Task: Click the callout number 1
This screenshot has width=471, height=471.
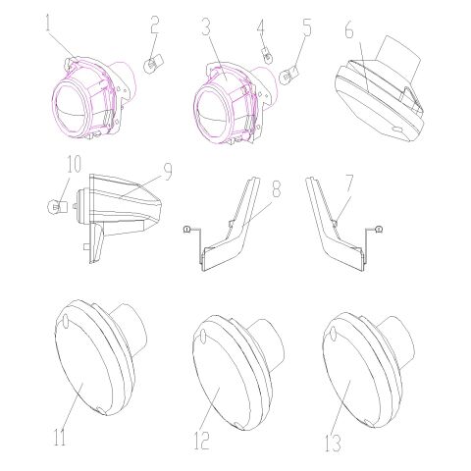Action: pos(48,22)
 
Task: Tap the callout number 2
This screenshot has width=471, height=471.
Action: pos(155,25)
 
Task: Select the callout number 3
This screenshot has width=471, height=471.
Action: pos(206,26)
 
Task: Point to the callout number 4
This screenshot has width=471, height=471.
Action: pos(261,27)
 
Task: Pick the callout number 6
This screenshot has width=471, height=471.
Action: pos(349,29)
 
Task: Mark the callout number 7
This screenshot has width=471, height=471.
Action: pos(349,183)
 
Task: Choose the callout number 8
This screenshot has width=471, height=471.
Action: pos(277,188)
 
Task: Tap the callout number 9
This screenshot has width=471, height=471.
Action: pos(168,172)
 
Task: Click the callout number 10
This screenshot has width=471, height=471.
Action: pos(73,164)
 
